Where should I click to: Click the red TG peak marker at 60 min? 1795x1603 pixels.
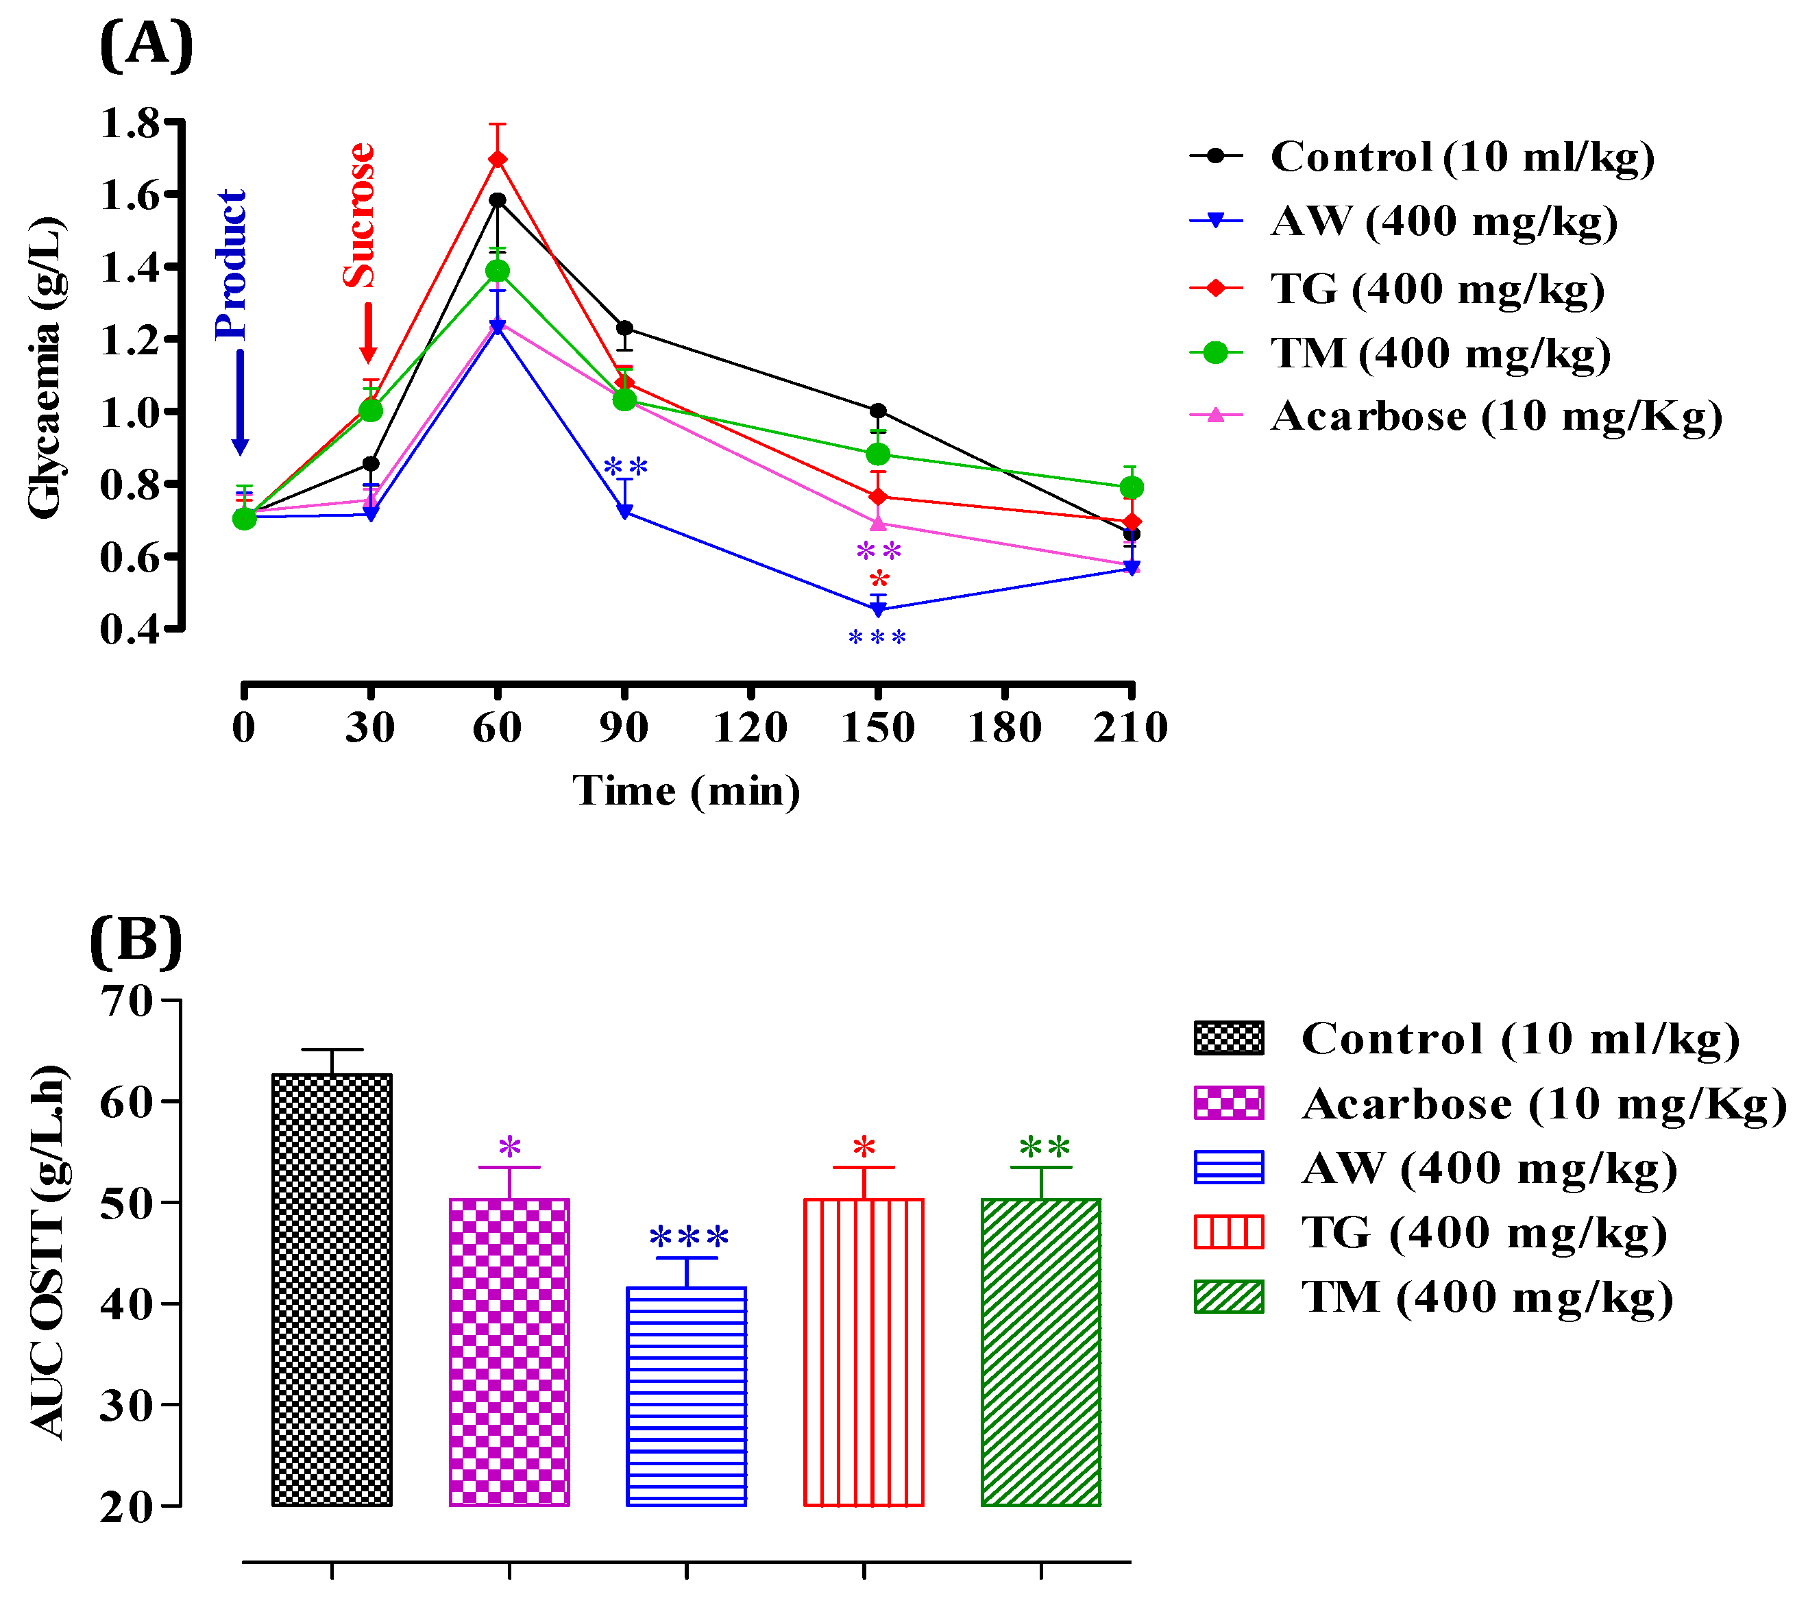pyautogui.click(x=498, y=158)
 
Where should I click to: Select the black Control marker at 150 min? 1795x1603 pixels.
pyautogui.click(x=878, y=411)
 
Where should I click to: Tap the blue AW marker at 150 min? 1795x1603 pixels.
pyautogui.click(x=878, y=609)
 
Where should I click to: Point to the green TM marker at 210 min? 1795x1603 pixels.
pyautogui.click(x=1132, y=487)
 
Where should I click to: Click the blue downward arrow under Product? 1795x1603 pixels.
pyautogui.click(x=240, y=402)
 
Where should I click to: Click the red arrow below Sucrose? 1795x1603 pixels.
pyautogui.click(x=368, y=333)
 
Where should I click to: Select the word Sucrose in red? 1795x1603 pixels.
pyautogui.click(x=359, y=215)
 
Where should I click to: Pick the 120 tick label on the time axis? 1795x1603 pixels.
pyautogui.click(x=750, y=728)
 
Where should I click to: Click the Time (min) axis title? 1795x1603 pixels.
pyautogui.click(x=687, y=790)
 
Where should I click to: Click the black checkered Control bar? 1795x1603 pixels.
pyautogui.click(x=332, y=1290)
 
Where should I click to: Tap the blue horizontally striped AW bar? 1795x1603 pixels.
pyautogui.click(x=686, y=1396)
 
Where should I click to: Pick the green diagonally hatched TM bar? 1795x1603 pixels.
pyautogui.click(x=1041, y=1352)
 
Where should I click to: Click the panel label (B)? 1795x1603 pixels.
pyautogui.click(x=136, y=941)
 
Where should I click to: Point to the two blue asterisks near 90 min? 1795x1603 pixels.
pyautogui.click(x=625, y=467)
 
